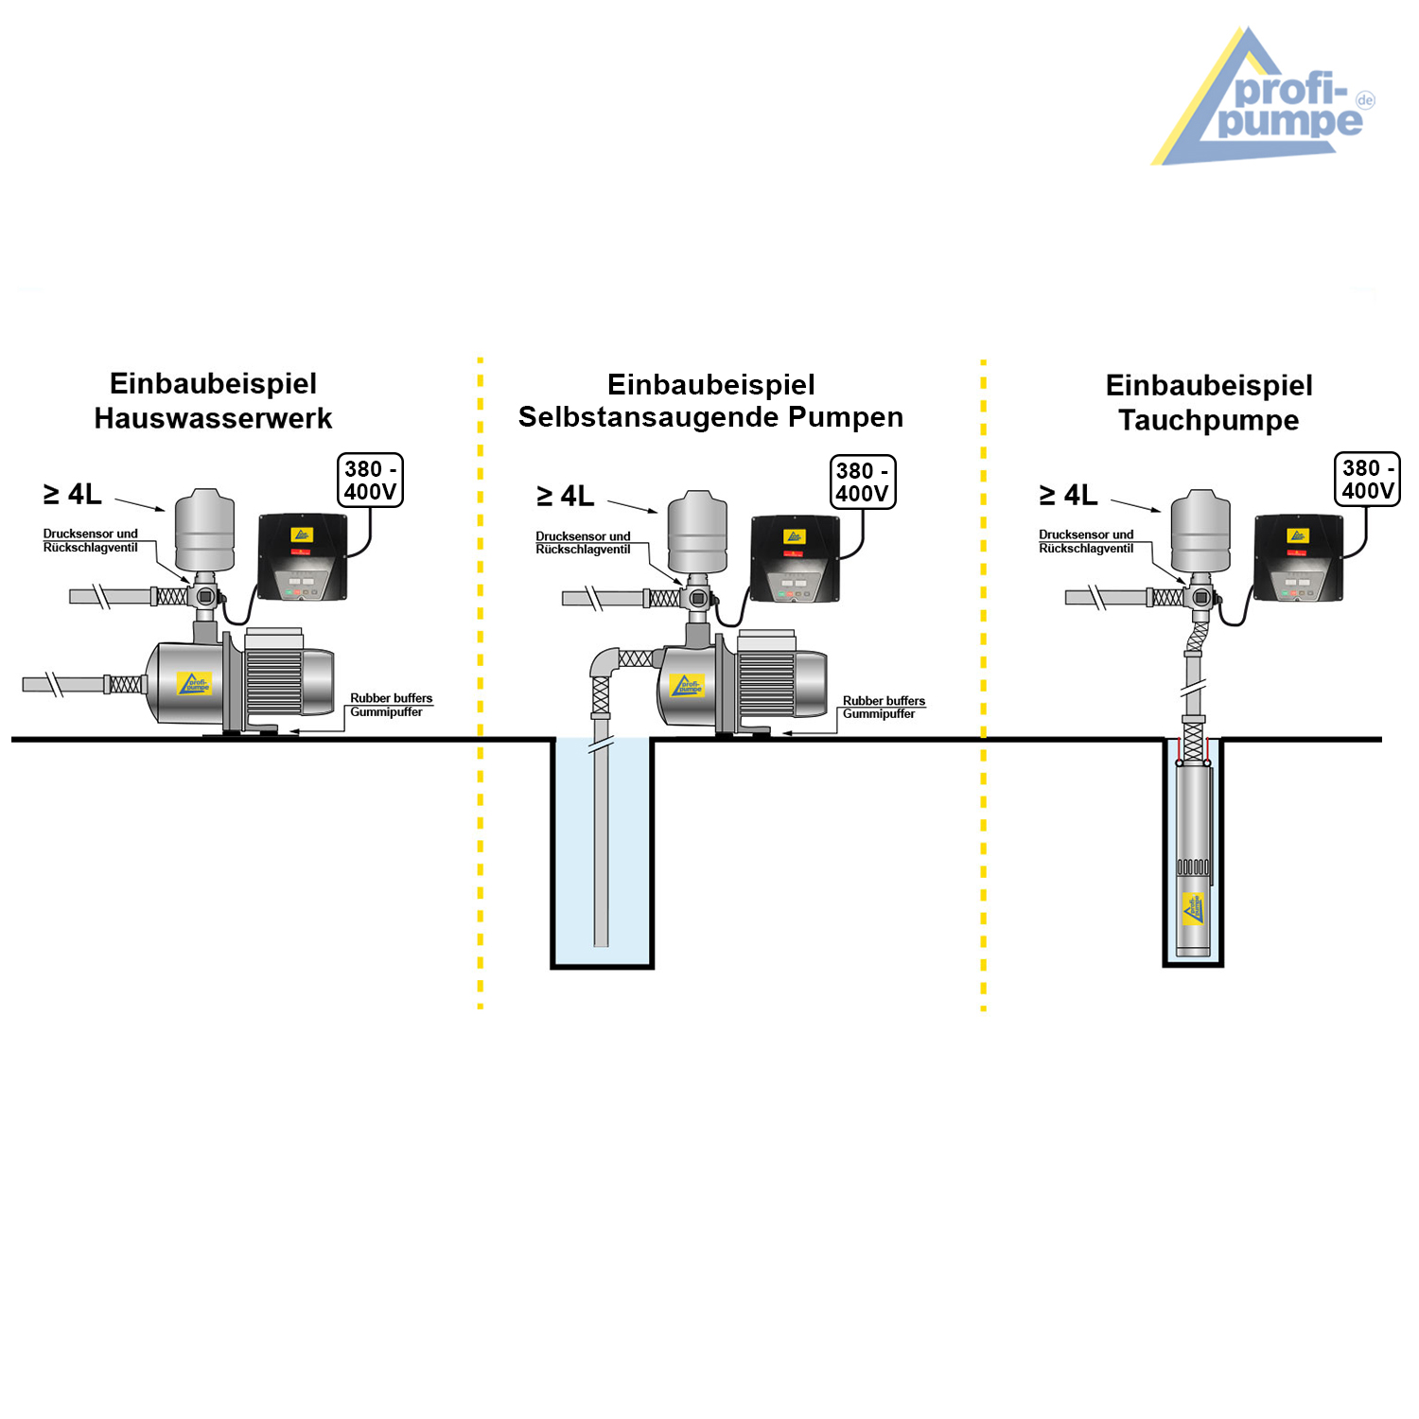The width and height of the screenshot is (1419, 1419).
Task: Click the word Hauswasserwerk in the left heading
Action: (x=213, y=418)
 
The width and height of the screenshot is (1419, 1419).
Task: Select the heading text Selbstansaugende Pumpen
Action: (x=710, y=417)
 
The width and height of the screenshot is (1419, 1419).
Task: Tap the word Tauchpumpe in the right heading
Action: (x=1208, y=420)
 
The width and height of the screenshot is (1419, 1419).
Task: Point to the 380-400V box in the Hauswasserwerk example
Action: (x=370, y=481)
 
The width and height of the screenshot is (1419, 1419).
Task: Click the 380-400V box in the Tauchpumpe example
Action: (x=1367, y=480)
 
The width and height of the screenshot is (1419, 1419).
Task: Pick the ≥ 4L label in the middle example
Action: (x=565, y=496)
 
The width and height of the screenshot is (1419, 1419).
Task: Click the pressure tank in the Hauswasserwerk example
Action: (x=204, y=530)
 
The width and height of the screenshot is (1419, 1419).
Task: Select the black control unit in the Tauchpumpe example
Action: (x=1298, y=557)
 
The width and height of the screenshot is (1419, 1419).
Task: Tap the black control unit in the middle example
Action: (x=795, y=558)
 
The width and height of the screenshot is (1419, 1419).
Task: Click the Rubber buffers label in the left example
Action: (x=391, y=698)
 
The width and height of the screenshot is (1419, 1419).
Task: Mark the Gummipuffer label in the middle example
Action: (x=879, y=714)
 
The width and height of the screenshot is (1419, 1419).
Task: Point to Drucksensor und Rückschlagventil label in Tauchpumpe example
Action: (x=1086, y=542)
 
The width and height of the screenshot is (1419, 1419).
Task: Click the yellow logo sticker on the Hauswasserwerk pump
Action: (x=195, y=684)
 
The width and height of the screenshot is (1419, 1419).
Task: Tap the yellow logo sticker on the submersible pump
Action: (x=1193, y=909)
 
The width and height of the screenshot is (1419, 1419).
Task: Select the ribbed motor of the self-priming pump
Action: (x=766, y=683)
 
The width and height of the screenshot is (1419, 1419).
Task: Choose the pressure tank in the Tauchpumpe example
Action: (x=1200, y=531)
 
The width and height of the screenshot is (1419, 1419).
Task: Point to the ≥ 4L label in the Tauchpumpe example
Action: (x=1068, y=495)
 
